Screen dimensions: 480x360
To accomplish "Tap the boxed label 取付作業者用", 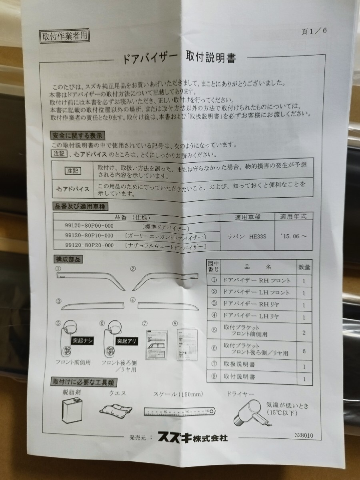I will click(x=64, y=36).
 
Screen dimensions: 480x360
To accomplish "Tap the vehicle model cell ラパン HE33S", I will click(x=247, y=236).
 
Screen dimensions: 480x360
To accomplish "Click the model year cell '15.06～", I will click(x=294, y=236).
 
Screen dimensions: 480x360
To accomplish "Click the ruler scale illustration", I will click(x=177, y=410).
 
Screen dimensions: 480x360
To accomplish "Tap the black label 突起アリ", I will click(x=127, y=341).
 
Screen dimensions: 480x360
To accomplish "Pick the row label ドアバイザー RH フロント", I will click(x=256, y=281).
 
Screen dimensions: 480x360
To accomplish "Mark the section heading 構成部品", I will click(x=67, y=259).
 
